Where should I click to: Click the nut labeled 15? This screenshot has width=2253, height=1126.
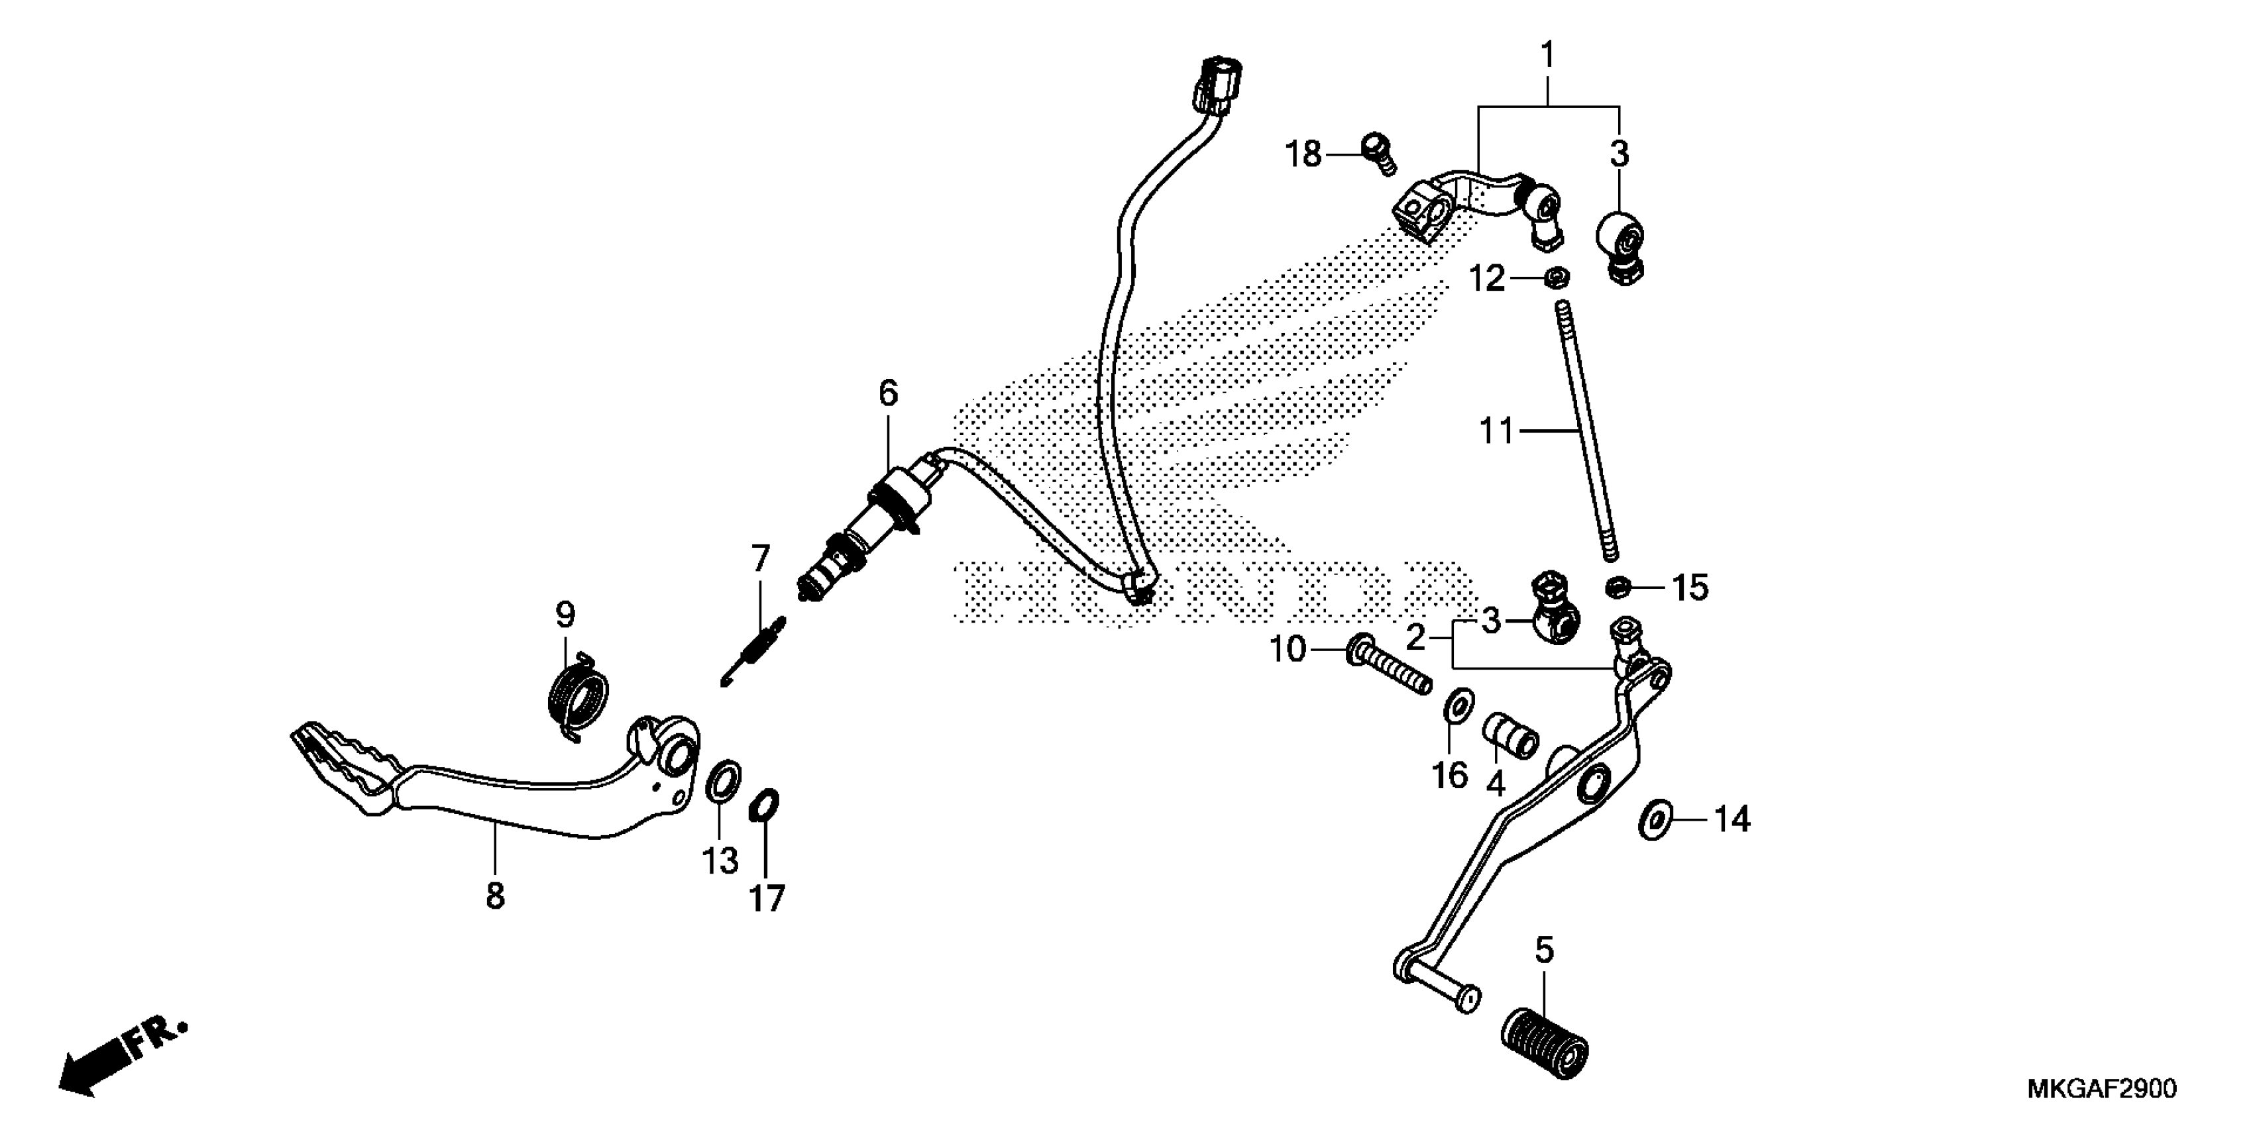click(x=1617, y=587)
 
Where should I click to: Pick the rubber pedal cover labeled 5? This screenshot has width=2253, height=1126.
click(x=1545, y=1049)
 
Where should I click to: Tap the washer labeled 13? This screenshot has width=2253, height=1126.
click(x=722, y=780)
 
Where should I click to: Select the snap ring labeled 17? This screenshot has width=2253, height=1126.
click(x=763, y=806)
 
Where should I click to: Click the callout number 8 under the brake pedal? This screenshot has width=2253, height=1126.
click(x=495, y=896)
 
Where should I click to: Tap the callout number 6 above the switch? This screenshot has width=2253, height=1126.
click(x=888, y=394)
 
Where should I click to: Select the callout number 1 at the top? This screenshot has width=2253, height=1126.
click(x=1547, y=55)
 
